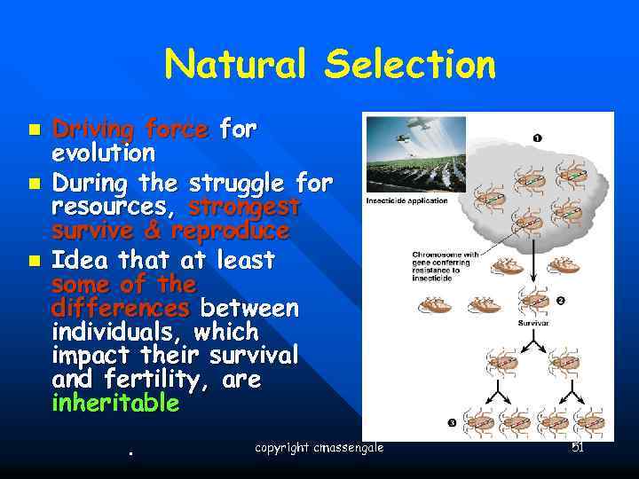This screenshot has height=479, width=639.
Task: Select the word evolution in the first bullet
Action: coord(103,153)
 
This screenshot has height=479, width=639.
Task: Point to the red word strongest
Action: coord(244,208)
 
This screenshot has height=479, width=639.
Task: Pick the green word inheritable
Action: coord(115,404)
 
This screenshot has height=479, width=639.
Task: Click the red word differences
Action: coord(121,308)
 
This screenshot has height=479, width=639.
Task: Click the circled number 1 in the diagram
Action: coord(538,137)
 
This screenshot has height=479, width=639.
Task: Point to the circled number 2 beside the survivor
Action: coord(560,300)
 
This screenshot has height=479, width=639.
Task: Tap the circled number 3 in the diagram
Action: coord(452,423)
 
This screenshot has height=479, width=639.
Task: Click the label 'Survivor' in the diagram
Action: coord(533,323)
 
